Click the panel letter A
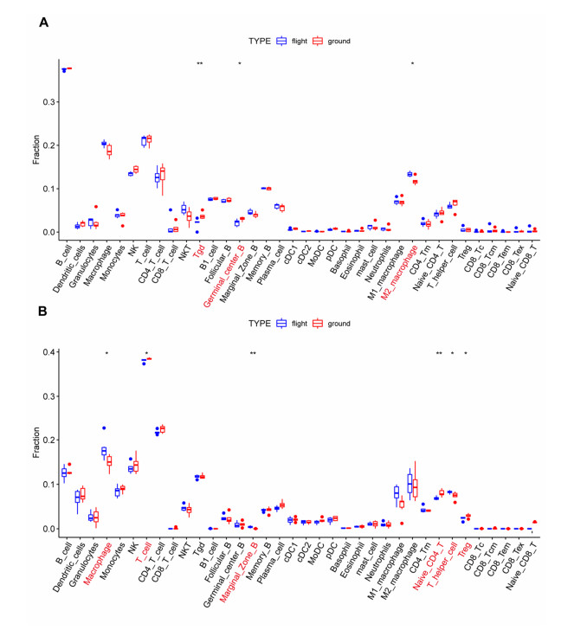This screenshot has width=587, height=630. tap(43, 23)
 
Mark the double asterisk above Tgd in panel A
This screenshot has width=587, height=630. tap(199, 64)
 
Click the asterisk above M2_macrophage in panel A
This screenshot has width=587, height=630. tap(412, 64)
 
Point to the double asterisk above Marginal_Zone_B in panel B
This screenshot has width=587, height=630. tap(253, 353)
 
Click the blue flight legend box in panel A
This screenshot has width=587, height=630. tap(281, 40)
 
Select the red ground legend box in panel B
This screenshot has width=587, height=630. tap(318, 323)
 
